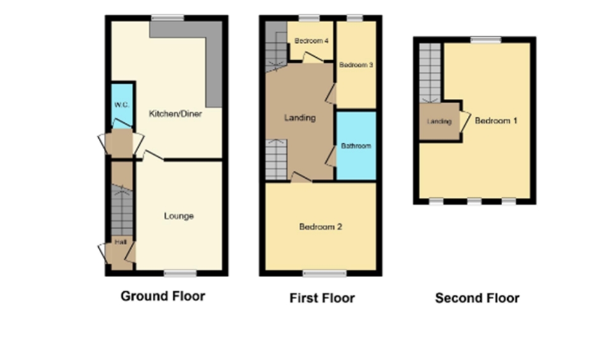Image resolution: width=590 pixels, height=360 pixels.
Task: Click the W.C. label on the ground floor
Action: tap(122, 104)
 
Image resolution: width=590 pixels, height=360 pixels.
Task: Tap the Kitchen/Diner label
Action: tap(176, 114)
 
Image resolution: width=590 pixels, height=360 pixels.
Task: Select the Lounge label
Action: tap(179, 216)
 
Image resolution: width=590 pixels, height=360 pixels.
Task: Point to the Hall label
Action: tap(120, 242)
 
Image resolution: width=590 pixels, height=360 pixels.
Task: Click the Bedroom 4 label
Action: tap(311, 41)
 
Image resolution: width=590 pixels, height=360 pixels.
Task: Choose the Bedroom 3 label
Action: tap(356, 65)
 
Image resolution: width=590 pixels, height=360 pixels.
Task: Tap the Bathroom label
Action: tap(356, 146)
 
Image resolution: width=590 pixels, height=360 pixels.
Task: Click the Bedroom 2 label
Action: tap(320, 227)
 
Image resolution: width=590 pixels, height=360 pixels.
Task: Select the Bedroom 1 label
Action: tap(496, 120)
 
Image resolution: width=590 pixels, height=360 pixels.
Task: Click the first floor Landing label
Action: tap(300, 118)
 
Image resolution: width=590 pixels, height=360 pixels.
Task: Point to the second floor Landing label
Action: tap(439, 121)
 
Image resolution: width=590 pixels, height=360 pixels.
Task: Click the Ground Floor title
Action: tap(163, 296)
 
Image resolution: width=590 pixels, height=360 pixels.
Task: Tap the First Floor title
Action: tap(322, 298)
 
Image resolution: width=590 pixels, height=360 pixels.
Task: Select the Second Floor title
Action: tap(477, 298)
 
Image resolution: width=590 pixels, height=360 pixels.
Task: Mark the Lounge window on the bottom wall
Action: tap(180, 273)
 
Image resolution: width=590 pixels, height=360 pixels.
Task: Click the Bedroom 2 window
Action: tap(325, 273)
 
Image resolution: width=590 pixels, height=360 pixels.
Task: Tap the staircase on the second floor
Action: tap(430, 72)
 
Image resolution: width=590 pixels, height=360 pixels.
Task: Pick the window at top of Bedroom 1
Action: tap(486, 39)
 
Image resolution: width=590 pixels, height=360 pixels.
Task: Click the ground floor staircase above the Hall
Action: tap(122, 211)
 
